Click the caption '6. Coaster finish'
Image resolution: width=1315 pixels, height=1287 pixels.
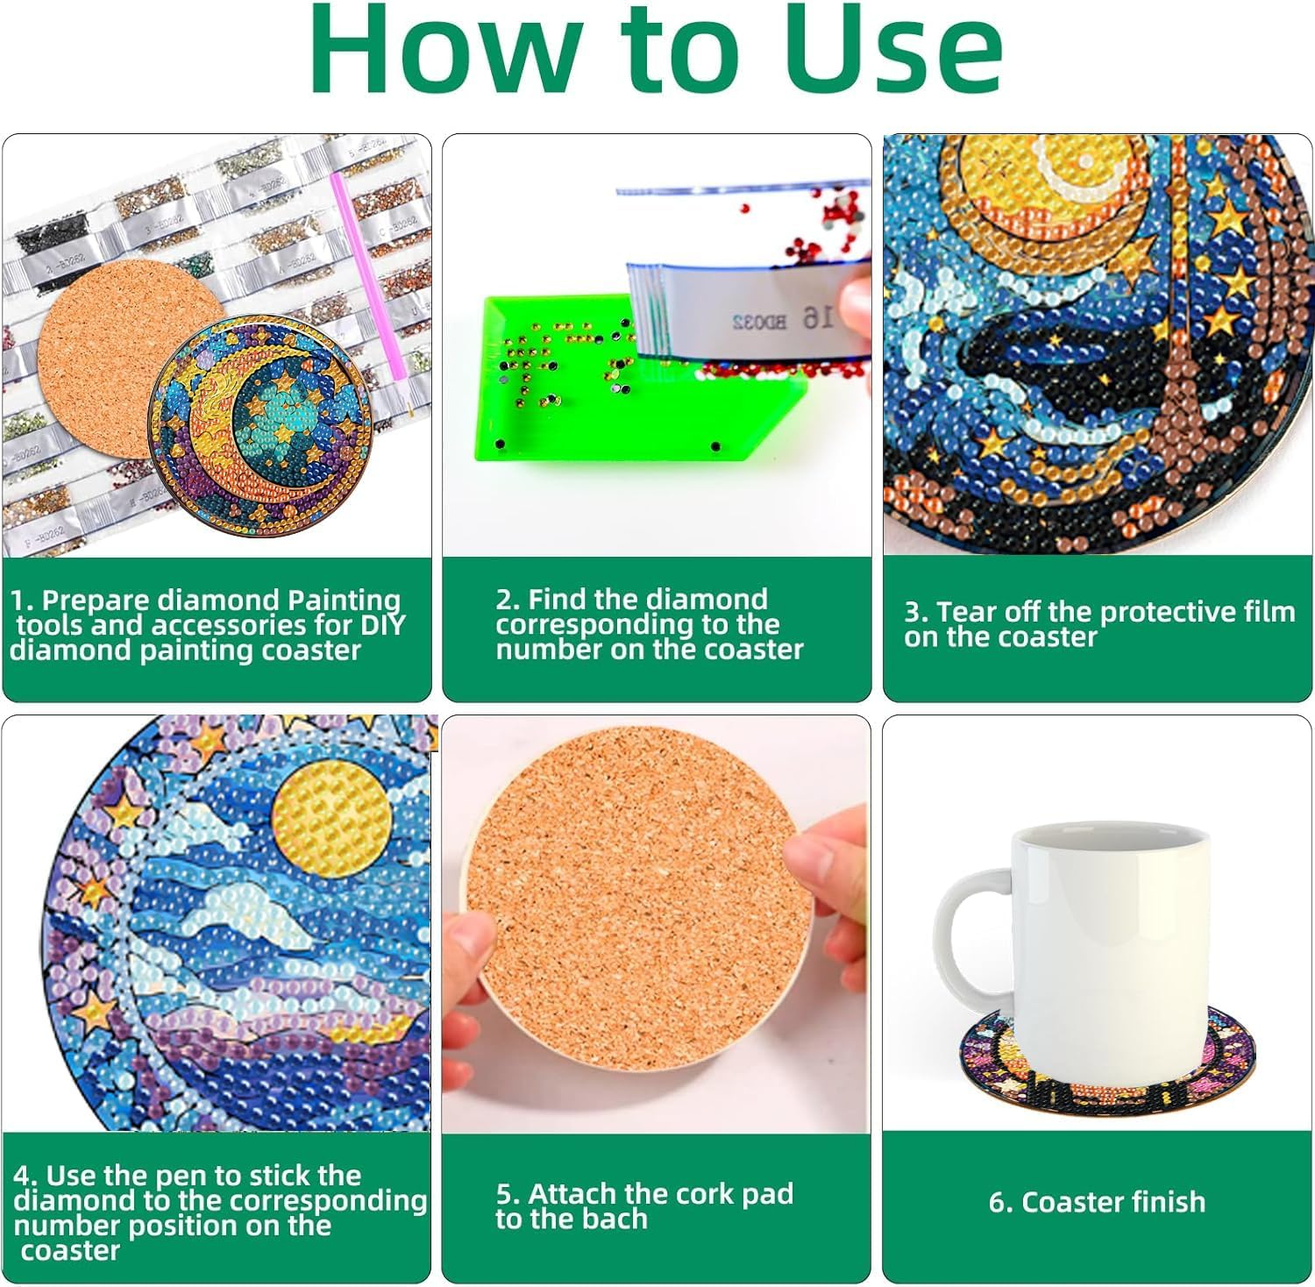pos(1097,1201)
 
